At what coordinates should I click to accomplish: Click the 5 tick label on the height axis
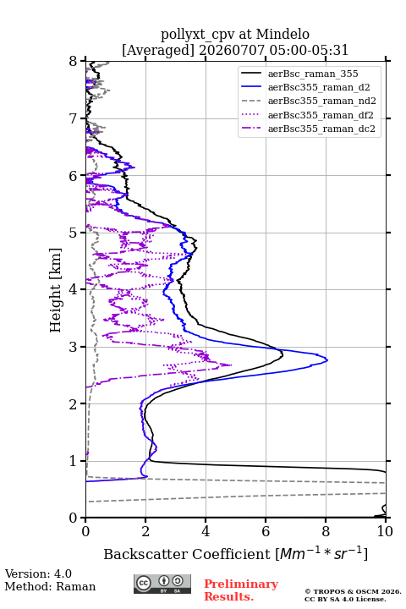click(74, 233)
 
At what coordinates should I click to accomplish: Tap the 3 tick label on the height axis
click(74, 347)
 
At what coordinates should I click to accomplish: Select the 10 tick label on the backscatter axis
click(386, 531)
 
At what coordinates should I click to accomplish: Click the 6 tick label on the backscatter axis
click(266, 531)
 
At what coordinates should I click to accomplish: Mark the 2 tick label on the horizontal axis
click(145, 531)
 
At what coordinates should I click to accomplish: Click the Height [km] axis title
click(56, 290)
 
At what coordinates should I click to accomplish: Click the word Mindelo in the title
click(283, 34)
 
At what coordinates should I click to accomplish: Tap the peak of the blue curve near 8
click(327, 360)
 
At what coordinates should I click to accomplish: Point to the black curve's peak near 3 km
click(283, 354)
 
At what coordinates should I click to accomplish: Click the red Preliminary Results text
click(241, 590)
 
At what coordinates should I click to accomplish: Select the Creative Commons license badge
click(162, 584)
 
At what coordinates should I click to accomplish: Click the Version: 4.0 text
click(38, 573)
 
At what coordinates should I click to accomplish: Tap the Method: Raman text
click(50, 586)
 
